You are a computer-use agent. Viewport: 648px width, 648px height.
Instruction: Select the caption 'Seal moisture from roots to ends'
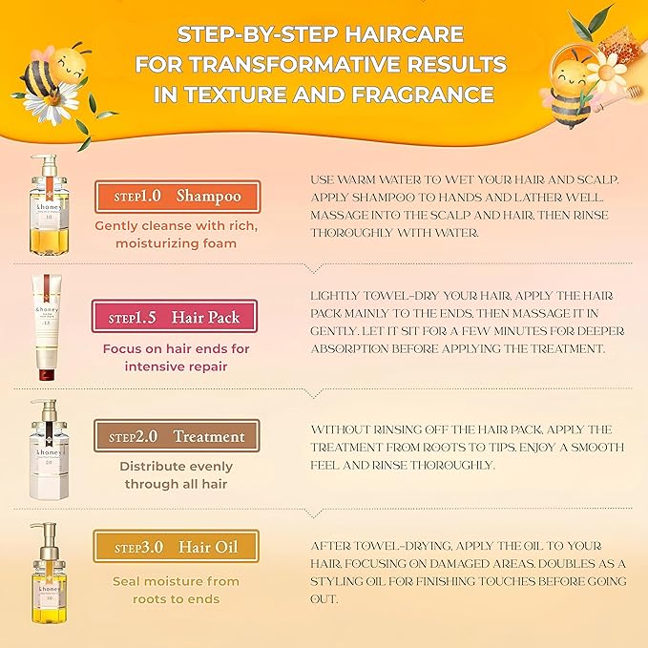176,590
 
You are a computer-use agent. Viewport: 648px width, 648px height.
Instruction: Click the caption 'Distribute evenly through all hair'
176,475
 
